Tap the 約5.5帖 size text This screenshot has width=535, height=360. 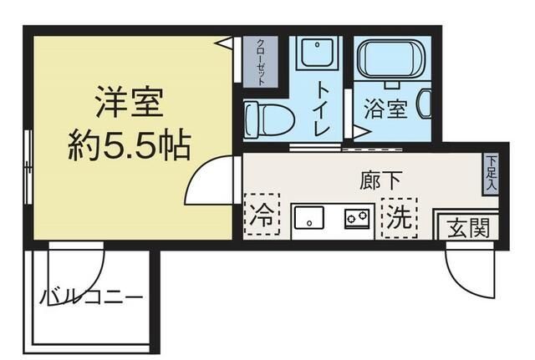129,147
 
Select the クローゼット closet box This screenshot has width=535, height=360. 261,61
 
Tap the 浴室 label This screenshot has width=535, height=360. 385,109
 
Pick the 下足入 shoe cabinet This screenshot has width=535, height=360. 492,175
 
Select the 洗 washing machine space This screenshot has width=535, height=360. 398,217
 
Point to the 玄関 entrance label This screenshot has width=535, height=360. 467,226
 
